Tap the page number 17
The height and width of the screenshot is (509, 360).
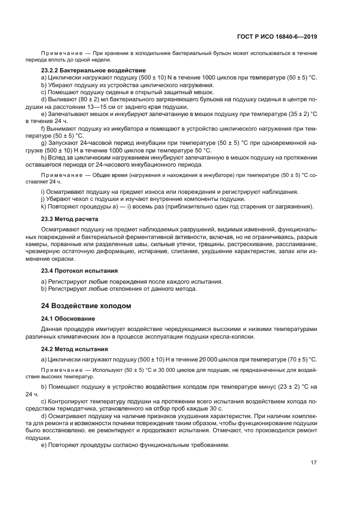coord(313,463)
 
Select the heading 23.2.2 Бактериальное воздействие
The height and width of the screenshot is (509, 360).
coord(86,71)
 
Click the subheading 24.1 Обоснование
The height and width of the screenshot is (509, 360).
coord(68,318)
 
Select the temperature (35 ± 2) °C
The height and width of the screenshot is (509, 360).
coord(289,114)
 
